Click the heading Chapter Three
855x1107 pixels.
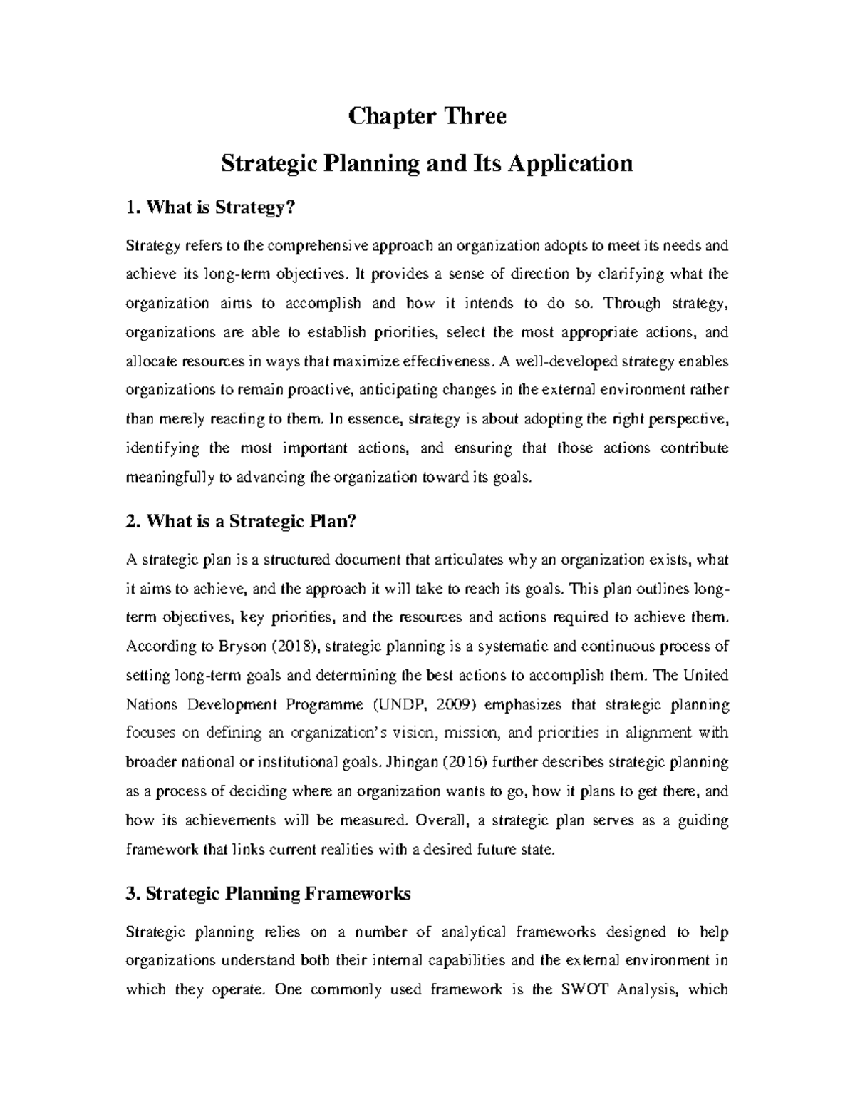point(427,115)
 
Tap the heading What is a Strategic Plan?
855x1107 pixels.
point(239,521)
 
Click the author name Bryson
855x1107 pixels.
point(233,647)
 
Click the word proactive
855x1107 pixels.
point(320,391)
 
